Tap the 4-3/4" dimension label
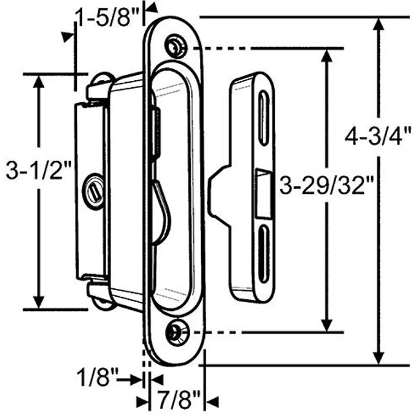click(378, 138)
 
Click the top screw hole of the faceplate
click(173, 46)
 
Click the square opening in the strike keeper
click(264, 192)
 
